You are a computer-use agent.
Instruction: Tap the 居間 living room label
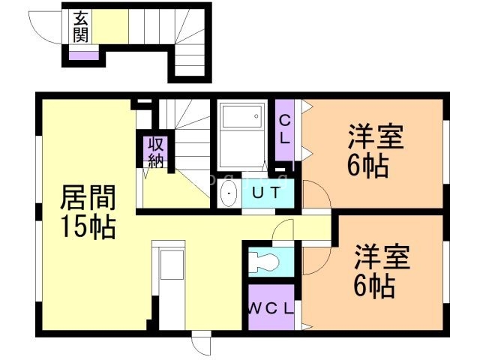88,200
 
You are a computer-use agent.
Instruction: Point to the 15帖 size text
88,226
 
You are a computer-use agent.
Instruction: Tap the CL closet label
285,129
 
